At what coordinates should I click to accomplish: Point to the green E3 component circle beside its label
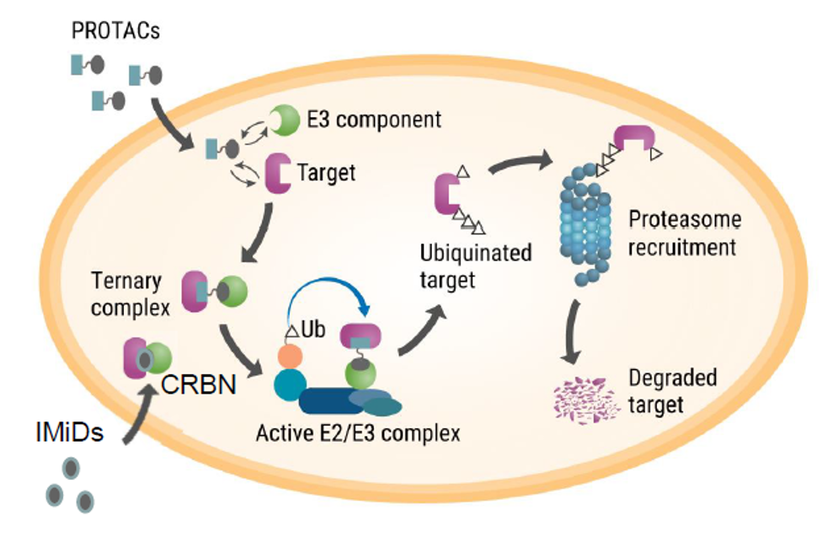click(284, 121)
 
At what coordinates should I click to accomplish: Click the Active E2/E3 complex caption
click(359, 434)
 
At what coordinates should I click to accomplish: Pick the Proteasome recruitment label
click(685, 234)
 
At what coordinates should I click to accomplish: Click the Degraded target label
click(671, 391)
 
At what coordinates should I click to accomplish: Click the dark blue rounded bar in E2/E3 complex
click(333, 401)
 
